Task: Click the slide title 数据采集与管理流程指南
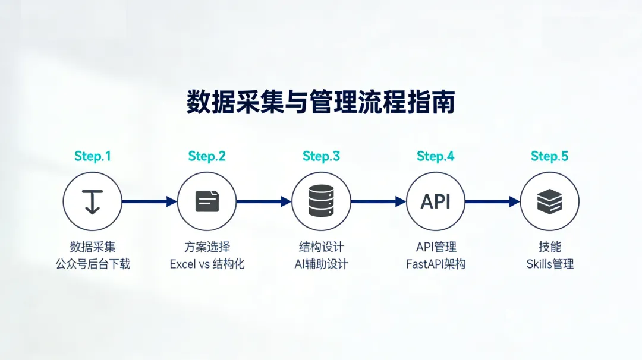320,102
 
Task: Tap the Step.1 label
93,156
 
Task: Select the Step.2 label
207,156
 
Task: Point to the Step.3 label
321,156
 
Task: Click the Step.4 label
435,156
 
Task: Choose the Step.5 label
549,156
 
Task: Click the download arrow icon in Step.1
93,201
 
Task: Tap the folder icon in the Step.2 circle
207,201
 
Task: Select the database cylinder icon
321,201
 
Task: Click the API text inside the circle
435,201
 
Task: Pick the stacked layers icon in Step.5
549,201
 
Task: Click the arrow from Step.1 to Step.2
149,201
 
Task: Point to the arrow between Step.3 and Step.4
378,201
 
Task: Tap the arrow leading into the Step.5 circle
492,201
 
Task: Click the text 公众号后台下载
93,264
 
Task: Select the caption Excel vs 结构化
207,264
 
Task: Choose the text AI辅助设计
321,264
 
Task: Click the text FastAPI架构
435,264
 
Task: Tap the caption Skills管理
550,264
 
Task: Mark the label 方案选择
207,247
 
